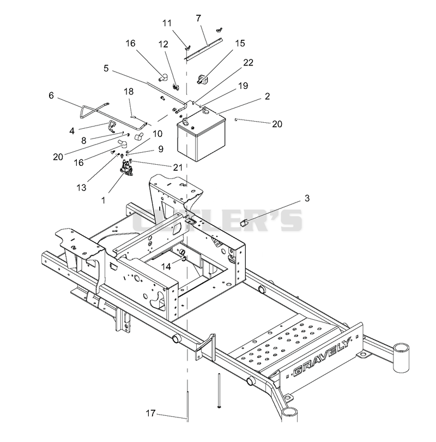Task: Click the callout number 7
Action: (198, 19)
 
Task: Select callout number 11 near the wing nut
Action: (167, 23)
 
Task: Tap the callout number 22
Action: (248, 63)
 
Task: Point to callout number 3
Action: (307, 198)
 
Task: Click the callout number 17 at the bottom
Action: (150, 413)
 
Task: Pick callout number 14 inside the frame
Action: (166, 266)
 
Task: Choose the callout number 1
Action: (104, 200)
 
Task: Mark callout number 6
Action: (51, 95)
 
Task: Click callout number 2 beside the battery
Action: (267, 97)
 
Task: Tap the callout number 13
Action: (81, 188)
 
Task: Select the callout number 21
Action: (178, 168)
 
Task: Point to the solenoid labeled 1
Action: (125, 168)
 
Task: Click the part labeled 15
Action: (202, 79)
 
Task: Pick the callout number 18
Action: (129, 92)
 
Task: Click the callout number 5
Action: (106, 69)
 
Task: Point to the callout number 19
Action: (243, 86)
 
